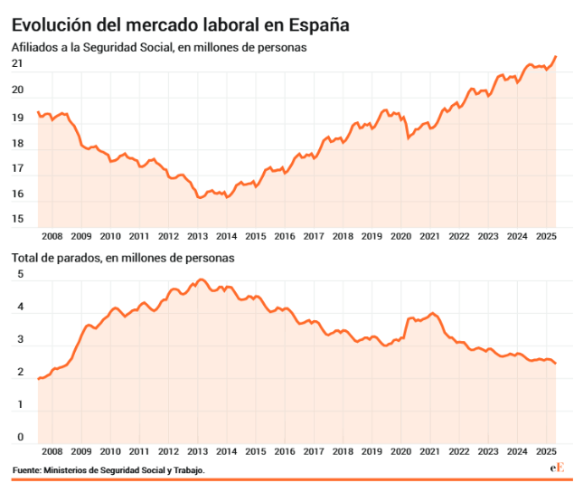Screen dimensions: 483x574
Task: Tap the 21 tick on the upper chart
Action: [x=17, y=63]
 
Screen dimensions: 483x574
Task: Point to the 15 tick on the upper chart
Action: [x=17, y=219]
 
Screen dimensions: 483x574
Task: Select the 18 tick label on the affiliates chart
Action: [x=17, y=143]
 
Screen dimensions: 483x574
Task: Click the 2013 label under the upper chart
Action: [x=197, y=236]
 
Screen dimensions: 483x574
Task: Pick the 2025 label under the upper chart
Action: [x=546, y=236]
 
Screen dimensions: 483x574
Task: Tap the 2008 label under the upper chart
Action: [x=52, y=236]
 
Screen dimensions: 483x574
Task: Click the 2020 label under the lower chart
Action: [x=400, y=450]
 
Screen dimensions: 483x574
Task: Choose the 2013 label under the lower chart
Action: [x=197, y=450]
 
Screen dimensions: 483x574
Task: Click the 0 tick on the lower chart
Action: [x=20, y=438]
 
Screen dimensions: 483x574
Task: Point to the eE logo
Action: [x=557, y=468]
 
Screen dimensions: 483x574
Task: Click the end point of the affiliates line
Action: [x=556, y=56]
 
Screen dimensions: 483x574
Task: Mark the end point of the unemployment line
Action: [x=556, y=363]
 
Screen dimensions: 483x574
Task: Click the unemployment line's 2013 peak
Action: [x=201, y=280]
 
